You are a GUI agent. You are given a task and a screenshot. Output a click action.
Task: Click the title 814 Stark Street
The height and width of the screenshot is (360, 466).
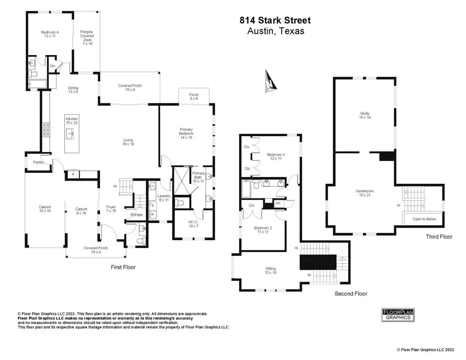(275, 20)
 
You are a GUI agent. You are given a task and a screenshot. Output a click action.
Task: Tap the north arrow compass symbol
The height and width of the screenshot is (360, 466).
(270, 81)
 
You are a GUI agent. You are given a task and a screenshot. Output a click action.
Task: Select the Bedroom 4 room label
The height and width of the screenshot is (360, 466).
(50, 34)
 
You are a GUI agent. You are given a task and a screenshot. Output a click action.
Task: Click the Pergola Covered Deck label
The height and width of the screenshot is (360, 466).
(87, 38)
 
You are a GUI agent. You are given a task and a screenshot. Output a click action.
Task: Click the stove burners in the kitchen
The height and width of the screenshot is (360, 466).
(46, 131)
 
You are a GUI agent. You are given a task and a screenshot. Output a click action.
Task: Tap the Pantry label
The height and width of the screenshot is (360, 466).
(38, 162)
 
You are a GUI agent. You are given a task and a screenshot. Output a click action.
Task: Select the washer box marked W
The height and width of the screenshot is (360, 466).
(153, 214)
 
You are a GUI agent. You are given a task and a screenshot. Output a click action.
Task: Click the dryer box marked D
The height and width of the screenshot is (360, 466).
(153, 205)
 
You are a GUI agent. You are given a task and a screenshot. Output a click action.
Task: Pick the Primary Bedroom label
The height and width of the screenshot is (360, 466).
(186, 133)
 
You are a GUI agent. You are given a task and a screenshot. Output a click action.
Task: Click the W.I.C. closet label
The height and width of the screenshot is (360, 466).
(193, 224)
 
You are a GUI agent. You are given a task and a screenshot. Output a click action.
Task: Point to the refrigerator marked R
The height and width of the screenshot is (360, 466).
(73, 174)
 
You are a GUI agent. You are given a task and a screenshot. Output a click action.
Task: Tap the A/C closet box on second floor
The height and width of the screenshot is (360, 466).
(278, 203)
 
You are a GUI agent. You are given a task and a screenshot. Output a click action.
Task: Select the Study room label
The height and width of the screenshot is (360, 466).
(365, 115)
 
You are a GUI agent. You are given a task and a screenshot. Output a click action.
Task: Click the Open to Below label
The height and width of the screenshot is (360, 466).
(424, 219)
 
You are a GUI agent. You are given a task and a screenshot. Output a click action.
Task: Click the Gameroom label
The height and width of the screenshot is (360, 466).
(365, 193)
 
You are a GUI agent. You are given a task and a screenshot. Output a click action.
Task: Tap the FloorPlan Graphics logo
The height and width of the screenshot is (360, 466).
(398, 315)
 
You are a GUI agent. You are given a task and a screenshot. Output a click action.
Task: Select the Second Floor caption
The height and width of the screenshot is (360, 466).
(351, 294)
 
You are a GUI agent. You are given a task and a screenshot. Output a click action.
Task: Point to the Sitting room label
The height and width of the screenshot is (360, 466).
(270, 270)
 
